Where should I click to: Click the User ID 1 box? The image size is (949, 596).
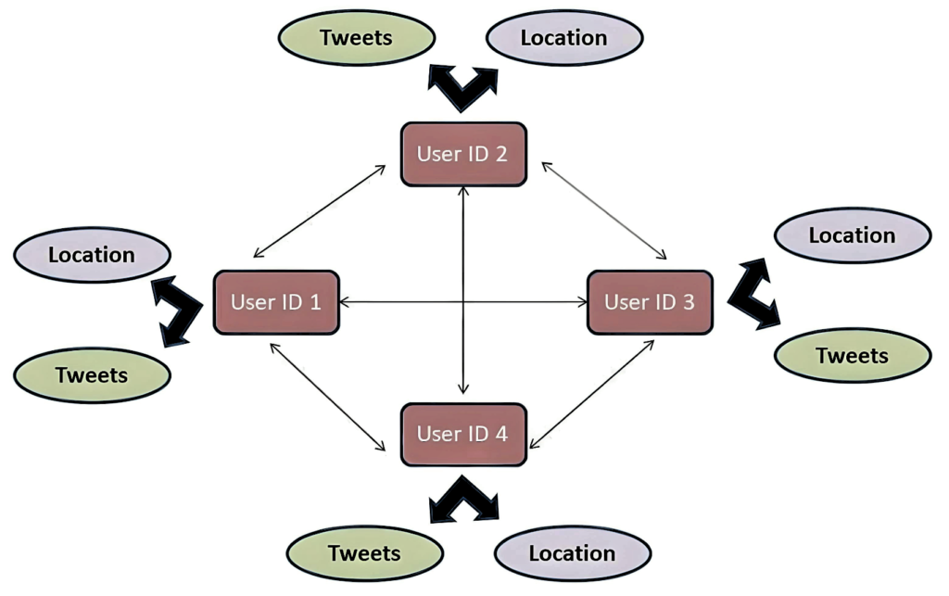(x=276, y=302)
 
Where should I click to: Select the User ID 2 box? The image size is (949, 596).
(x=462, y=154)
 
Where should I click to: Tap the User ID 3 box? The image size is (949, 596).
(x=650, y=302)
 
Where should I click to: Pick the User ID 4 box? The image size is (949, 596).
(x=462, y=433)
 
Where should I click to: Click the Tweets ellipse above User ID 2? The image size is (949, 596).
(x=356, y=38)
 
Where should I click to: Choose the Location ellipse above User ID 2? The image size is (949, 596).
(x=563, y=38)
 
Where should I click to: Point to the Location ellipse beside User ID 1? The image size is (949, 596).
(x=92, y=254)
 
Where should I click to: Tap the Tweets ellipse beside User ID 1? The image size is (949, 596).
(x=92, y=375)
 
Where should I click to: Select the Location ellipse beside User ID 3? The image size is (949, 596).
(x=852, y=235)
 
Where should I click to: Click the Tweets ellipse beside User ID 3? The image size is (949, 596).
(x=852, y=356)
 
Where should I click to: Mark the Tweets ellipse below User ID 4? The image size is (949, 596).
(x=364, y=553)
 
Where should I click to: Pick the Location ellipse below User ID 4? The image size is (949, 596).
(x=572, y=553)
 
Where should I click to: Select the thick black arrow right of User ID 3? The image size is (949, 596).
(x=753, y=296)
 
